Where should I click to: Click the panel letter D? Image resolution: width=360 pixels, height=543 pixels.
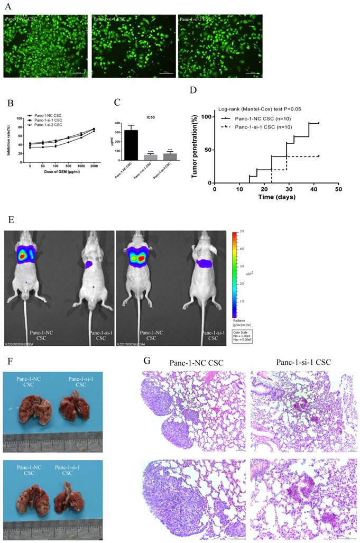(193, 90)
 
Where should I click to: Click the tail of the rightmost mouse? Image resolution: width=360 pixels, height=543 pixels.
(196, 328)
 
